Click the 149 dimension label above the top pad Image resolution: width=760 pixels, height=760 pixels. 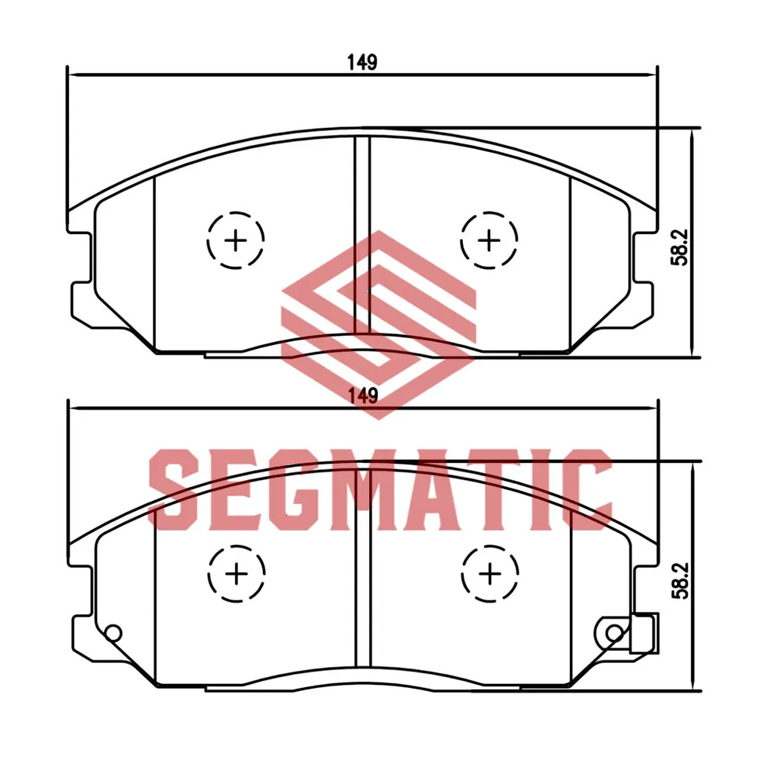tap(362, 62)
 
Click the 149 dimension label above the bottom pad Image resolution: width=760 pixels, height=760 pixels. tap(363, 396)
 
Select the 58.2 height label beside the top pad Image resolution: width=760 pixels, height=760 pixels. tap(679, 247)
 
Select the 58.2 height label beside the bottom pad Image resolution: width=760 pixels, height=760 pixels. tap(681, 581)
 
